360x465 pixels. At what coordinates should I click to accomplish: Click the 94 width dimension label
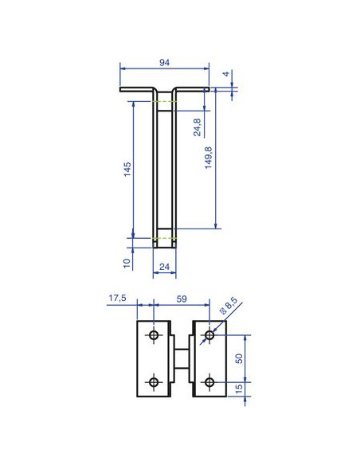click(164, 63)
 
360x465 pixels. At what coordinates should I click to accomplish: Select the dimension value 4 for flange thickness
click(226, 73)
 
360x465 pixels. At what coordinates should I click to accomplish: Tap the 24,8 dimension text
click(198, 127)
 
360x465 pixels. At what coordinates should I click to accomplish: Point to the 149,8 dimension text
click(209, 158)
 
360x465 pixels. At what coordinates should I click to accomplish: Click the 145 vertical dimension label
click(127, 170)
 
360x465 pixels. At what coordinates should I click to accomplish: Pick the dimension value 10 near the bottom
click(127, 263)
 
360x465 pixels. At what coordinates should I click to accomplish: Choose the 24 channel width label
click(164, 267)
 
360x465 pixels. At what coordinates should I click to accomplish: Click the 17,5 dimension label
click(117, 298)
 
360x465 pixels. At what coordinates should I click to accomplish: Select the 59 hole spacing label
click(182, 299)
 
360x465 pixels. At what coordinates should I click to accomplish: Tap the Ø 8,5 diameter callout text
click(229, 306)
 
